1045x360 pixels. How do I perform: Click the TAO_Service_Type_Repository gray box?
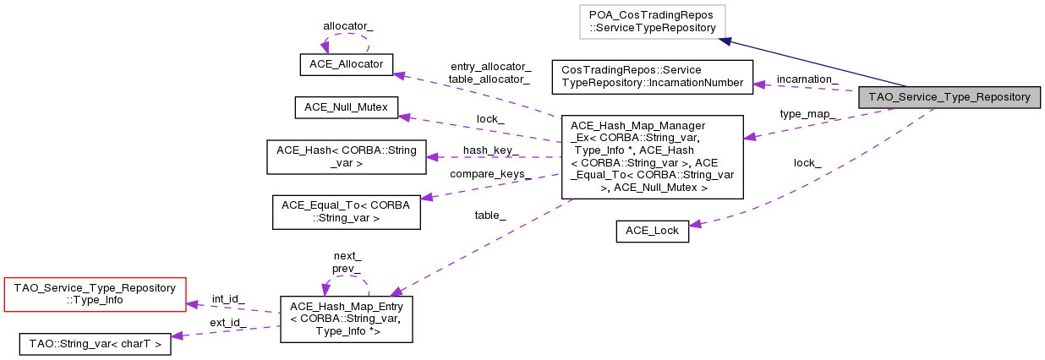pyautogui.click(x=948, y=97)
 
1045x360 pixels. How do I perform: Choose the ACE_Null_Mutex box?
pyautogui.click(x=346, y=107)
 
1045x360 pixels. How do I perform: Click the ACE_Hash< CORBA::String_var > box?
pyautogui.click(x=347, y=156)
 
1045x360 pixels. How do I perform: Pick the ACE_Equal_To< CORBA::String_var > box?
pyautogui.click(x=347, y=211)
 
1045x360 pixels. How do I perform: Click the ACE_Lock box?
pyautogui.click(x=652, y=231)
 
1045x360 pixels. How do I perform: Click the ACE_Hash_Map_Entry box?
pyautogui.click(x=346, y=319)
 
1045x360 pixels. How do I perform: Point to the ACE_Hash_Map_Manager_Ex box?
pyautogui.click(x=652, y=157)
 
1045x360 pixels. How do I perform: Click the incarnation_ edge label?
pyautogui.click(x=807, y=79)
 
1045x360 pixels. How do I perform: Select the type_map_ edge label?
pyautogui.click(x=808, y=114)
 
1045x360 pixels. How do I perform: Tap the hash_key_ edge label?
pyautogui.click(x=491, y=150)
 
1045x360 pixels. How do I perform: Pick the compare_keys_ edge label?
pyautogui.click(x=490, y=174)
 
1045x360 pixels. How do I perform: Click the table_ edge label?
pyautogui.click(x=490, y=215)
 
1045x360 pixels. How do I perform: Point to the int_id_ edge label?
pyautogui.click(x=228, y=298)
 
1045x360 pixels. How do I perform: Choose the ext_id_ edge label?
pyautogui.click(x=228, y=322)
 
